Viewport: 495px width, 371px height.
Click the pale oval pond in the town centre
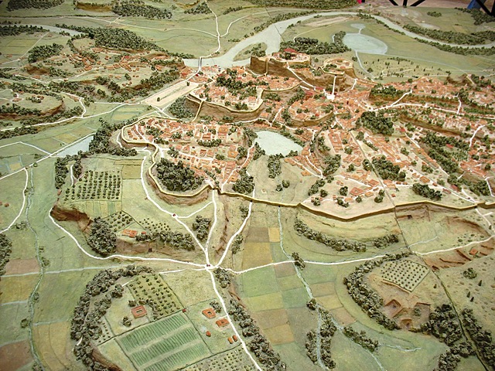pos(278,142)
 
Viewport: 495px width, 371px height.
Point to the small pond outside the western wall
pos(75,147)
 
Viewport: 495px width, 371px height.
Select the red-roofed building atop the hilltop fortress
pos(291,55)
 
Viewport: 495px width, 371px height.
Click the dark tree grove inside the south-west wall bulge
pos(179,176)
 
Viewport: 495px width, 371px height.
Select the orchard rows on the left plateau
pos(96,185)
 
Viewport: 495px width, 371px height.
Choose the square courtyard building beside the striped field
pos(140,311)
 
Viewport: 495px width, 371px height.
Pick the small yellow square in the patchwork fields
pos(274,234)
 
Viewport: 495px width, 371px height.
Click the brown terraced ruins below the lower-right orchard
pos(402,309)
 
